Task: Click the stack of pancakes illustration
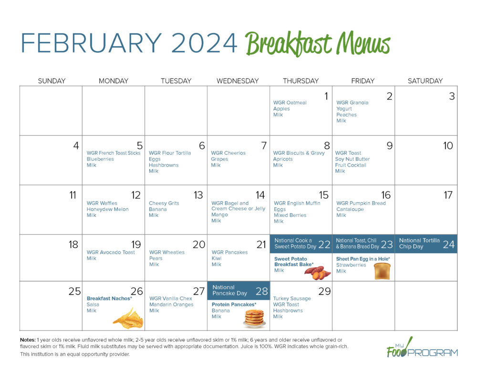click(254, 318)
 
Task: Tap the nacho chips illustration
click(128, 318)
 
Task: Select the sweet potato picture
click(317, 272)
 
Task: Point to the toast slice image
click(382, 271)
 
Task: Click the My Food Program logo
click(422, 348)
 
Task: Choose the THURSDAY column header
click(301, 81)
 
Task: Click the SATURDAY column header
click(425, 81)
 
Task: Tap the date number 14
click(260, 195)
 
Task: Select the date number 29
click(324, 291)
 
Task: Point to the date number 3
click(452, 97)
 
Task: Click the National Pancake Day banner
click(238, 290)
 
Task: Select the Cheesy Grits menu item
click(164, 203)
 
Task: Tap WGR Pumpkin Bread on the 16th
click(361, 203)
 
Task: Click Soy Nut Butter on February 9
click(353, 159)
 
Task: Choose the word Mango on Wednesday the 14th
click(219, 215)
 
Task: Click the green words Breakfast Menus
click(318, 44)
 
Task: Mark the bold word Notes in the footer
click(28, 339)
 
